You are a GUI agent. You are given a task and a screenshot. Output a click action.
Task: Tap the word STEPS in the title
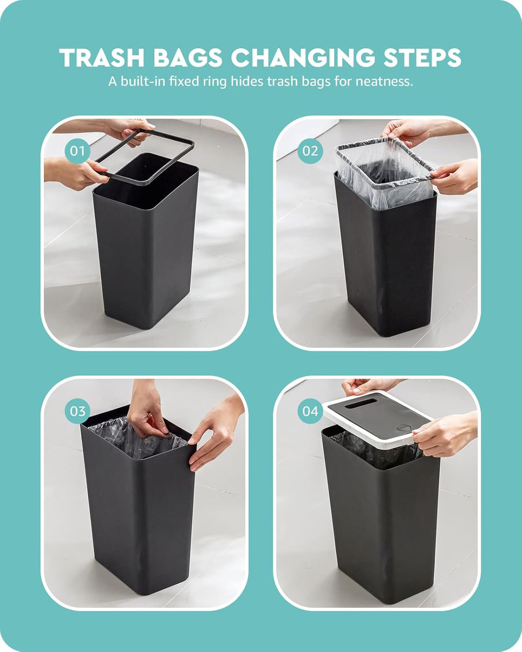click(422, 57)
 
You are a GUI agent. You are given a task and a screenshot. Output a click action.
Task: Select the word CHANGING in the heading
click(304, 57)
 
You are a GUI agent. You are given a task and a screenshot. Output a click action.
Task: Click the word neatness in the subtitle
click(385, 82)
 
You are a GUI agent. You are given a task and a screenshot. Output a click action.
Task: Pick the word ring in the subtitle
click(215, 82)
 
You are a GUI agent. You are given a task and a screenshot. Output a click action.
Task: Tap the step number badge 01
click(77, 151)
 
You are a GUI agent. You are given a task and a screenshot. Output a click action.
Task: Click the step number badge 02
click(310, 151)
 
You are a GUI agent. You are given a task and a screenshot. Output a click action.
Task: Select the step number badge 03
click(77, 411)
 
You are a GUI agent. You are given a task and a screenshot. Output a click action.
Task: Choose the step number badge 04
click(310, 411)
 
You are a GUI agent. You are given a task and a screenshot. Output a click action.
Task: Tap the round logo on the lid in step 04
click(401, 428)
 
